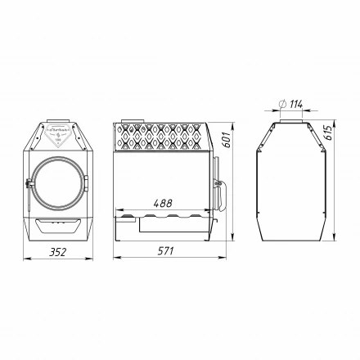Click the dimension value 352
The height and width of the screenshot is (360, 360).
pos(56,251)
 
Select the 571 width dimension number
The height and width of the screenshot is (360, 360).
pos(167,251)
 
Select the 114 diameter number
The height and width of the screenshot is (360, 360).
pos(295,103)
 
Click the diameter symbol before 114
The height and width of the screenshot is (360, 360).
pos(281,103)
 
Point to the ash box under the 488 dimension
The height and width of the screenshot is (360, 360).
pos(169,221)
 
